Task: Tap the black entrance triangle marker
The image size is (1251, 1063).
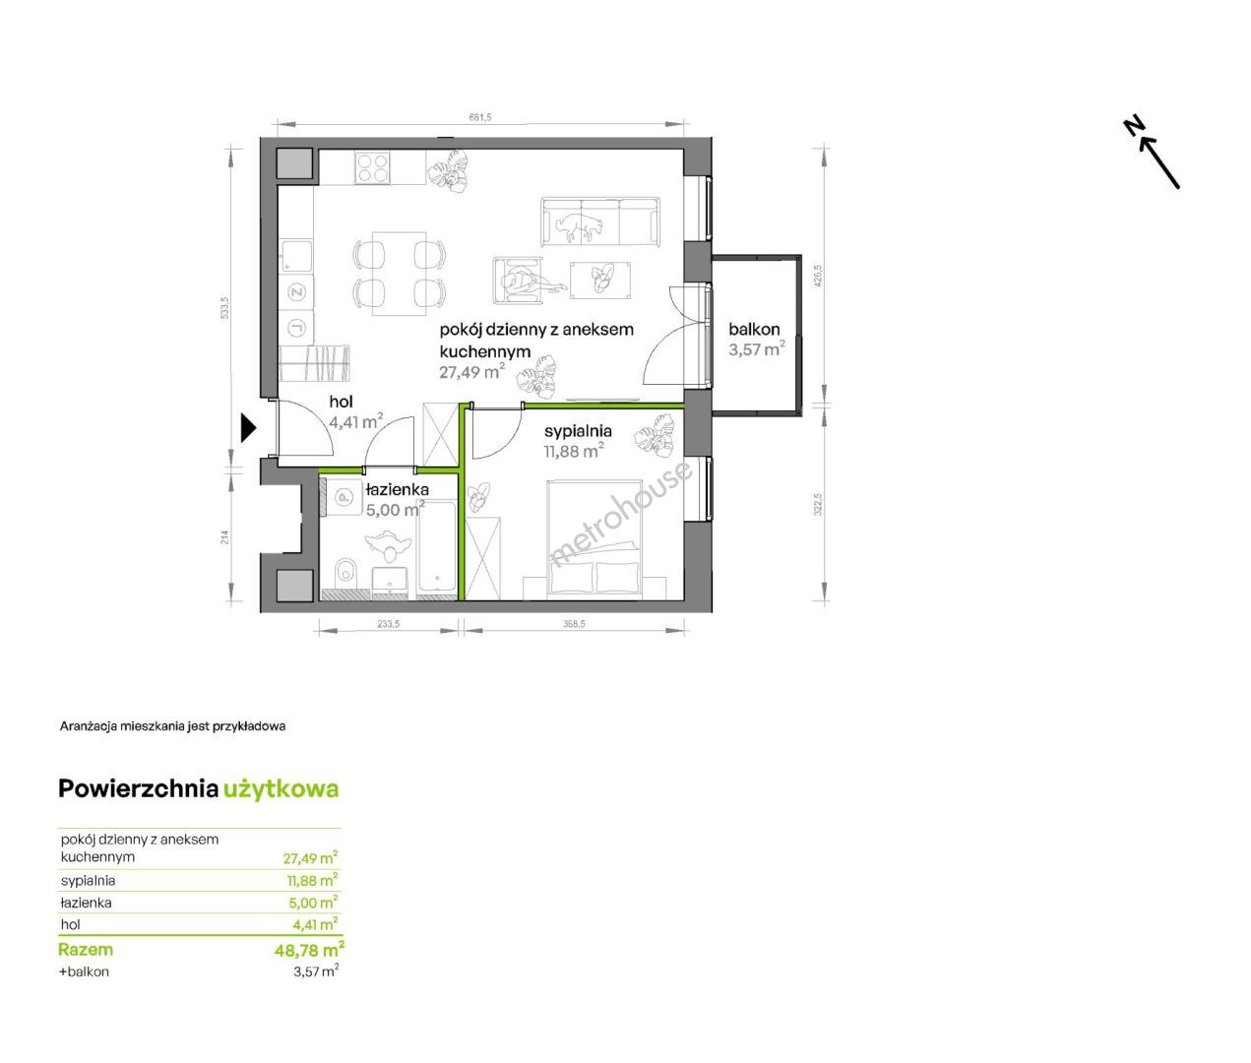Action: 248,428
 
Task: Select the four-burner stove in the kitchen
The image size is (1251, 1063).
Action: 372,167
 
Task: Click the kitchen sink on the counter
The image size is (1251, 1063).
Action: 296,256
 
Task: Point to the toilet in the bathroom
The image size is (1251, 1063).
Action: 345,570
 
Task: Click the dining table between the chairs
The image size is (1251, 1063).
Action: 399,273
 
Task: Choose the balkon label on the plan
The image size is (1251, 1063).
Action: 754,330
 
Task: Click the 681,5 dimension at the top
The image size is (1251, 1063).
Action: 480,117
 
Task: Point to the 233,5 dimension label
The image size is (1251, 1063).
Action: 388,623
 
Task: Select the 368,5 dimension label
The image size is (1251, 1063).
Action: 574,623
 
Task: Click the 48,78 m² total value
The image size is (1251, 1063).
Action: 309,949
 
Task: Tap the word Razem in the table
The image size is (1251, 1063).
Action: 86,949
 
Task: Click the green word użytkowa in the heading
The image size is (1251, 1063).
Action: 281,789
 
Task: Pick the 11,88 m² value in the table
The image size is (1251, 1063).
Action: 312,880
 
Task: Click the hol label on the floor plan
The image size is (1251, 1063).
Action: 341,402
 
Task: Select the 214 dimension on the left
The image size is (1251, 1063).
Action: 224,537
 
